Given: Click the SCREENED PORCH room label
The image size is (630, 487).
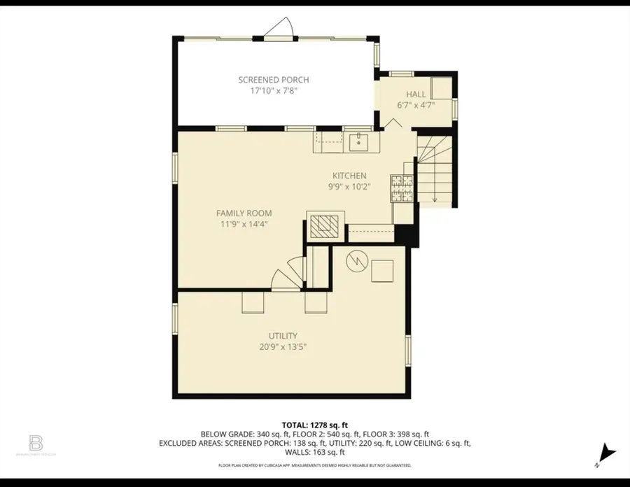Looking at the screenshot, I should coord(273,80).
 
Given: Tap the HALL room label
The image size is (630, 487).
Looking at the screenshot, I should coord(416,94).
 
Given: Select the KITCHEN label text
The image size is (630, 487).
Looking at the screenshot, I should coord(349,176).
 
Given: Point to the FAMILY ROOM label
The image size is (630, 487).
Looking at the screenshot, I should coord(244,213).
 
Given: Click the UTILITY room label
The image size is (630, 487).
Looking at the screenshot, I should coord(283,336).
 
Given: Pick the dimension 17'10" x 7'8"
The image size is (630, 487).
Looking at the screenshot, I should coord(273,91).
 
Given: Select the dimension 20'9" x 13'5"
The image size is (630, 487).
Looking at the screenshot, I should coord(283,346).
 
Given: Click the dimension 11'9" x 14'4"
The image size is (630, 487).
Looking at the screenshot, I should coord(244,224).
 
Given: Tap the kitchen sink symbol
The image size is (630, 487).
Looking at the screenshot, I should coord(360,142).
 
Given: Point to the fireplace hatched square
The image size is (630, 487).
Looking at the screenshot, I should coord(324,226).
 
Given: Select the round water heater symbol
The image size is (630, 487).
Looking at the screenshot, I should coord(356,260).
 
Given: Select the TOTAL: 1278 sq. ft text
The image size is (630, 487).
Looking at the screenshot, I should coord(315,425).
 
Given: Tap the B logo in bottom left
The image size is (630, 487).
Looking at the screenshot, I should coord(36,443).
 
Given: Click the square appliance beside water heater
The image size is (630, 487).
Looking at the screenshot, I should coord(382,270).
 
